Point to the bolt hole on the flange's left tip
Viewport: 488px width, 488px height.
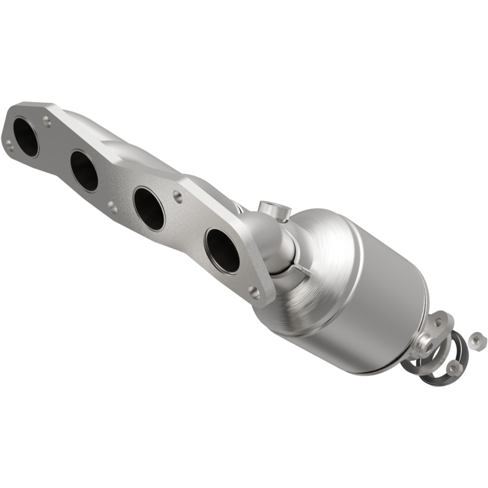point(9,144)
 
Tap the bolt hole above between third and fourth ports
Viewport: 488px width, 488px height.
point(177,196)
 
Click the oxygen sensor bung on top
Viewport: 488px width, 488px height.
point(271,209)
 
